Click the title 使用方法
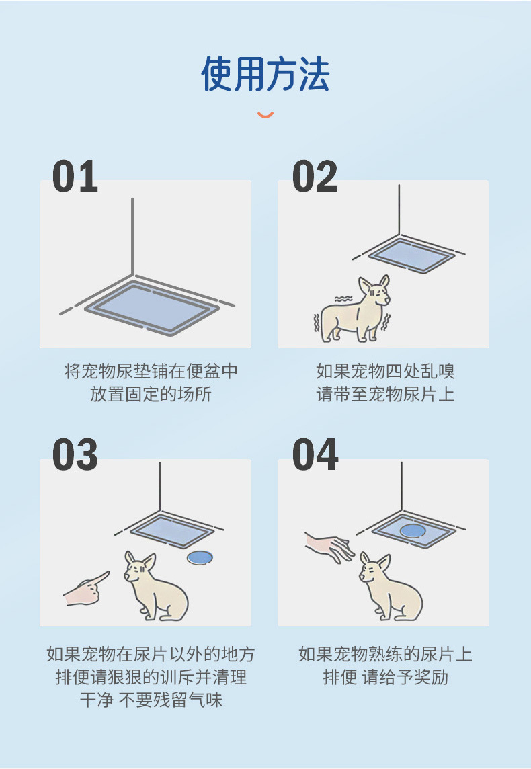(x=265, y=74)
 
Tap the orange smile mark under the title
(x=265, y=115)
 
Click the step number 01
(x=75, y=177)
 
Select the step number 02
(x=315, y=177)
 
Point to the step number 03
(x=75, y=455)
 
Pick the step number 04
(x=315, y=455)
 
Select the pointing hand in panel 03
(x=86, y=590)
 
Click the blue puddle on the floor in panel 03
(x=199, y=557)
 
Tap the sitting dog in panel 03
(x=153, y=586)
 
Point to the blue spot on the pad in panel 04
(x=412, y=531)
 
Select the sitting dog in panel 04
(x=386, y=586)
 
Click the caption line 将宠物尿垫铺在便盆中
(x=151, y=371)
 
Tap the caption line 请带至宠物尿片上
(x=385, y=394)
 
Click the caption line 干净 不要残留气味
(x=151, y=700)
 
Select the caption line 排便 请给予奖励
(x=385, y=677)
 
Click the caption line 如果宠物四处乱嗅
(x=385, y=371)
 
